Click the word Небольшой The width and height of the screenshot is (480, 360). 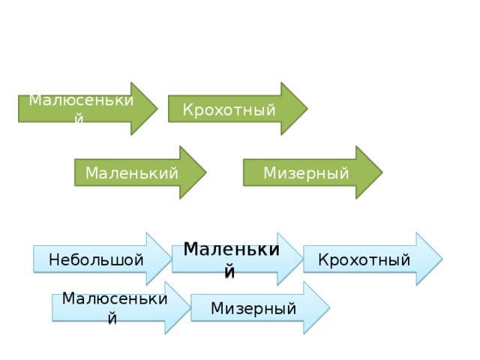click(x=95, y=260)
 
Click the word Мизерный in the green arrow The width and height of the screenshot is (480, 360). click(x=305, y=174)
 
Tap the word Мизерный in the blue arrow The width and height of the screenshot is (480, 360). click(x=253, y=308)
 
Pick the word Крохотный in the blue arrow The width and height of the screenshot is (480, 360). click(x=364, y=260)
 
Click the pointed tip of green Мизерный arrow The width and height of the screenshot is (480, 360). click(x=381, y=172)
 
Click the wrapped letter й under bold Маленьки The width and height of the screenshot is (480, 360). click(x=230, y=272)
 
